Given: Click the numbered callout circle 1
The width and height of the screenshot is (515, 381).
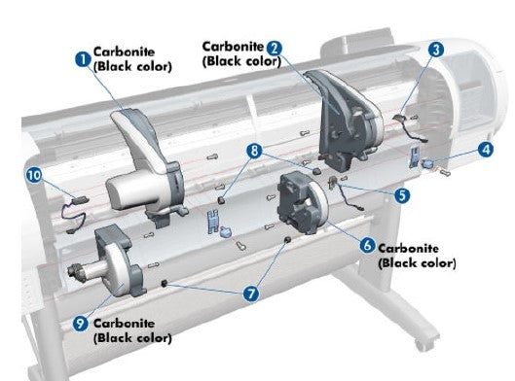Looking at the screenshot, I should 84,58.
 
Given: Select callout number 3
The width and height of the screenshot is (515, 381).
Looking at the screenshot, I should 435,49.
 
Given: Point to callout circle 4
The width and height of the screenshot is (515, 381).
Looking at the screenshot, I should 485,151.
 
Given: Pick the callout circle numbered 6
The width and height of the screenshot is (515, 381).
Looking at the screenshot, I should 367,245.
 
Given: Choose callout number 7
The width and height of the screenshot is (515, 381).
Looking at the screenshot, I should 252,292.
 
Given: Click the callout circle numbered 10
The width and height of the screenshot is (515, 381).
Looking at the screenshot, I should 35,176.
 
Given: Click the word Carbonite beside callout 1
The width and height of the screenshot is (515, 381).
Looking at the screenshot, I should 124,52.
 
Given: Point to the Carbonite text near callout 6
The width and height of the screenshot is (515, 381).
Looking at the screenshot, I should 410,248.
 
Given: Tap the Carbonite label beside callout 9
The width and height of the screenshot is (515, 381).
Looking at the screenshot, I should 126,324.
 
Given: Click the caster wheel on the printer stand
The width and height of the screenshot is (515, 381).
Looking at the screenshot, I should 421,343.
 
